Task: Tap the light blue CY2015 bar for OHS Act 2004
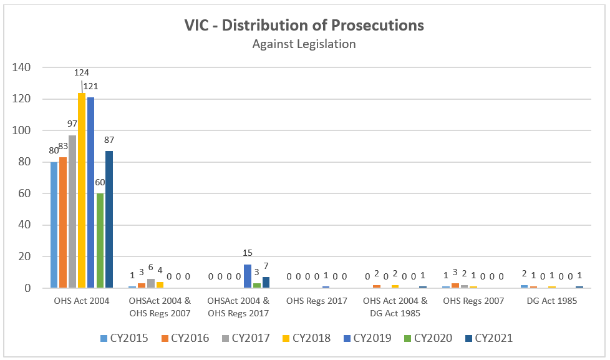54,225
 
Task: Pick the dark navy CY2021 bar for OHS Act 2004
109,219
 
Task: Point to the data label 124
82,73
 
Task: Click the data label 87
109,139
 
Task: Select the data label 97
72,124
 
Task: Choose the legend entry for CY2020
428,338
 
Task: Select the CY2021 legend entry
490,338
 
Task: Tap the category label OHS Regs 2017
317,301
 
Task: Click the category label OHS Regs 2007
473,301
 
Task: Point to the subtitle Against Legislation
304,44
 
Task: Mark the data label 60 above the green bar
100,183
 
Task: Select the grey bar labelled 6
150,283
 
